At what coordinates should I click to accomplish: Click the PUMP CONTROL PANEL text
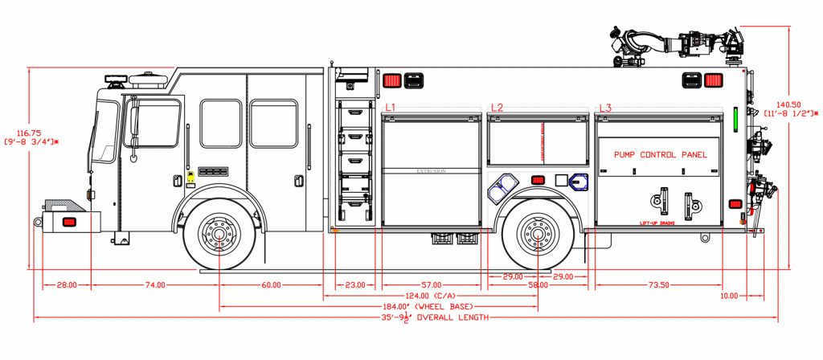(661, 154)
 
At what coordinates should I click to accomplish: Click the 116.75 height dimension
(29, 132)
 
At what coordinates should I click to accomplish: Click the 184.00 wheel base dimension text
(438, 307)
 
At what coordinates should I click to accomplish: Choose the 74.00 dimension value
(155, 285)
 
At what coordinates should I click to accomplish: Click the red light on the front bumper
(69, 221)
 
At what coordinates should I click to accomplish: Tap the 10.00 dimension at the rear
(728, 296)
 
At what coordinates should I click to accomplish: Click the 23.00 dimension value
(354, 285)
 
